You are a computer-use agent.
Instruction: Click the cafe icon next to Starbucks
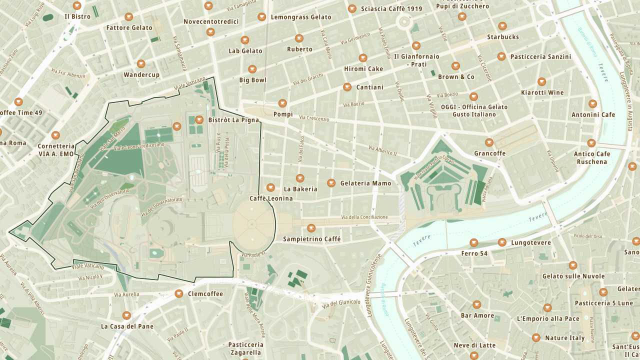(502, 26)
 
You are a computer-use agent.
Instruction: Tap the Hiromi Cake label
(363, 69)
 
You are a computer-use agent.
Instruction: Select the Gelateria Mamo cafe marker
(331, 183)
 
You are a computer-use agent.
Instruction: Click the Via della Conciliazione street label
(364, 217)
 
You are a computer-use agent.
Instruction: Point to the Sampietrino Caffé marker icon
(311, 228)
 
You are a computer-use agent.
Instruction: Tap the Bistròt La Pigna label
(233, 120)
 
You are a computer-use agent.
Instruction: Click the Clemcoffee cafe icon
(179, 293)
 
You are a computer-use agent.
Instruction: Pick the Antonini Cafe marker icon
(592, 104)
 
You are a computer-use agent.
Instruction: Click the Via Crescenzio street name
(314, 118)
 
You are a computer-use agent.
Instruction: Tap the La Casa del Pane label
(127, 326)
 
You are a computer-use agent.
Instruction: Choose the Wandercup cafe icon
(141, 64)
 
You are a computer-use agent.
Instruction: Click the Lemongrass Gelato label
(300, 17)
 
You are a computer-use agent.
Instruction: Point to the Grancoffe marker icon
(489, 142)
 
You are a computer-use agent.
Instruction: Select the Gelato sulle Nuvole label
(573, 276)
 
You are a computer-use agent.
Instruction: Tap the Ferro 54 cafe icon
(474, 243)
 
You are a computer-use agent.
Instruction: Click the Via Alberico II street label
(382, 150)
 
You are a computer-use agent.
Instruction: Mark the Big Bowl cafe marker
(252, 69)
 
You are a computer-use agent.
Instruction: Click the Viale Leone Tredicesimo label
(139, 146)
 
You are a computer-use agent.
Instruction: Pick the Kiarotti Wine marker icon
(542, 81)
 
